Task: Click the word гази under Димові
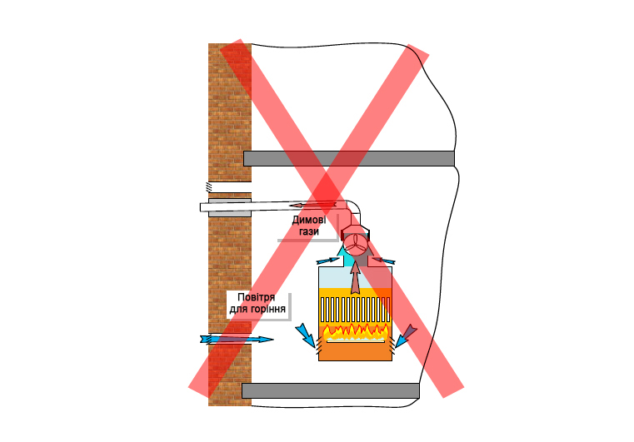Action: point(309,231)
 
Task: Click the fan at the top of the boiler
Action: point(356,242)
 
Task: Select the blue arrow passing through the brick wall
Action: point(237,340)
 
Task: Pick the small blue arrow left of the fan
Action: point(327,261)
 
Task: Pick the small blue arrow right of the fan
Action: point(384,261)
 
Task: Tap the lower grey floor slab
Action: point(330,390)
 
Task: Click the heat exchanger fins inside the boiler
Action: point(355,310)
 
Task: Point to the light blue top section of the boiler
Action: point(333,277)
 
